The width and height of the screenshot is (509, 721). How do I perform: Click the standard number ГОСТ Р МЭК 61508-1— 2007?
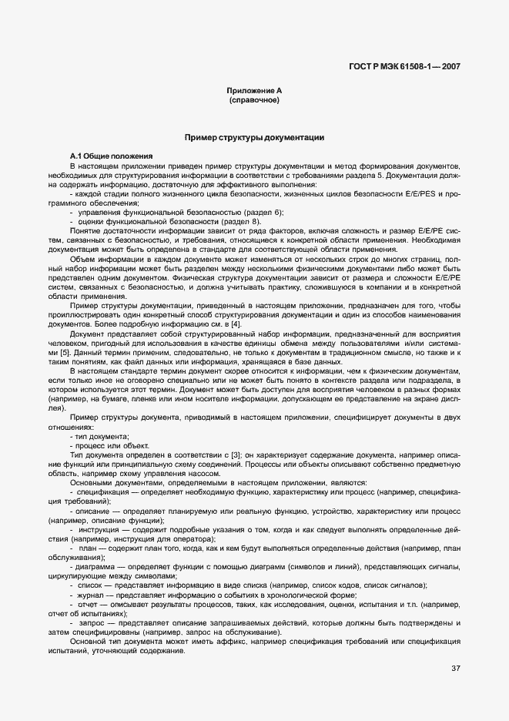[404, 67]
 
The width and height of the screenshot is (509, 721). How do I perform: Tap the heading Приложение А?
[254, 91]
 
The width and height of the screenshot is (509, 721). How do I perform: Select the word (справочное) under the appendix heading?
[254, 100]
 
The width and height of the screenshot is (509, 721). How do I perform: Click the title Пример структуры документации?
[254, 137]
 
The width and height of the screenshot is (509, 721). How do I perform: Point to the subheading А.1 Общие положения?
[111, 157]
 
